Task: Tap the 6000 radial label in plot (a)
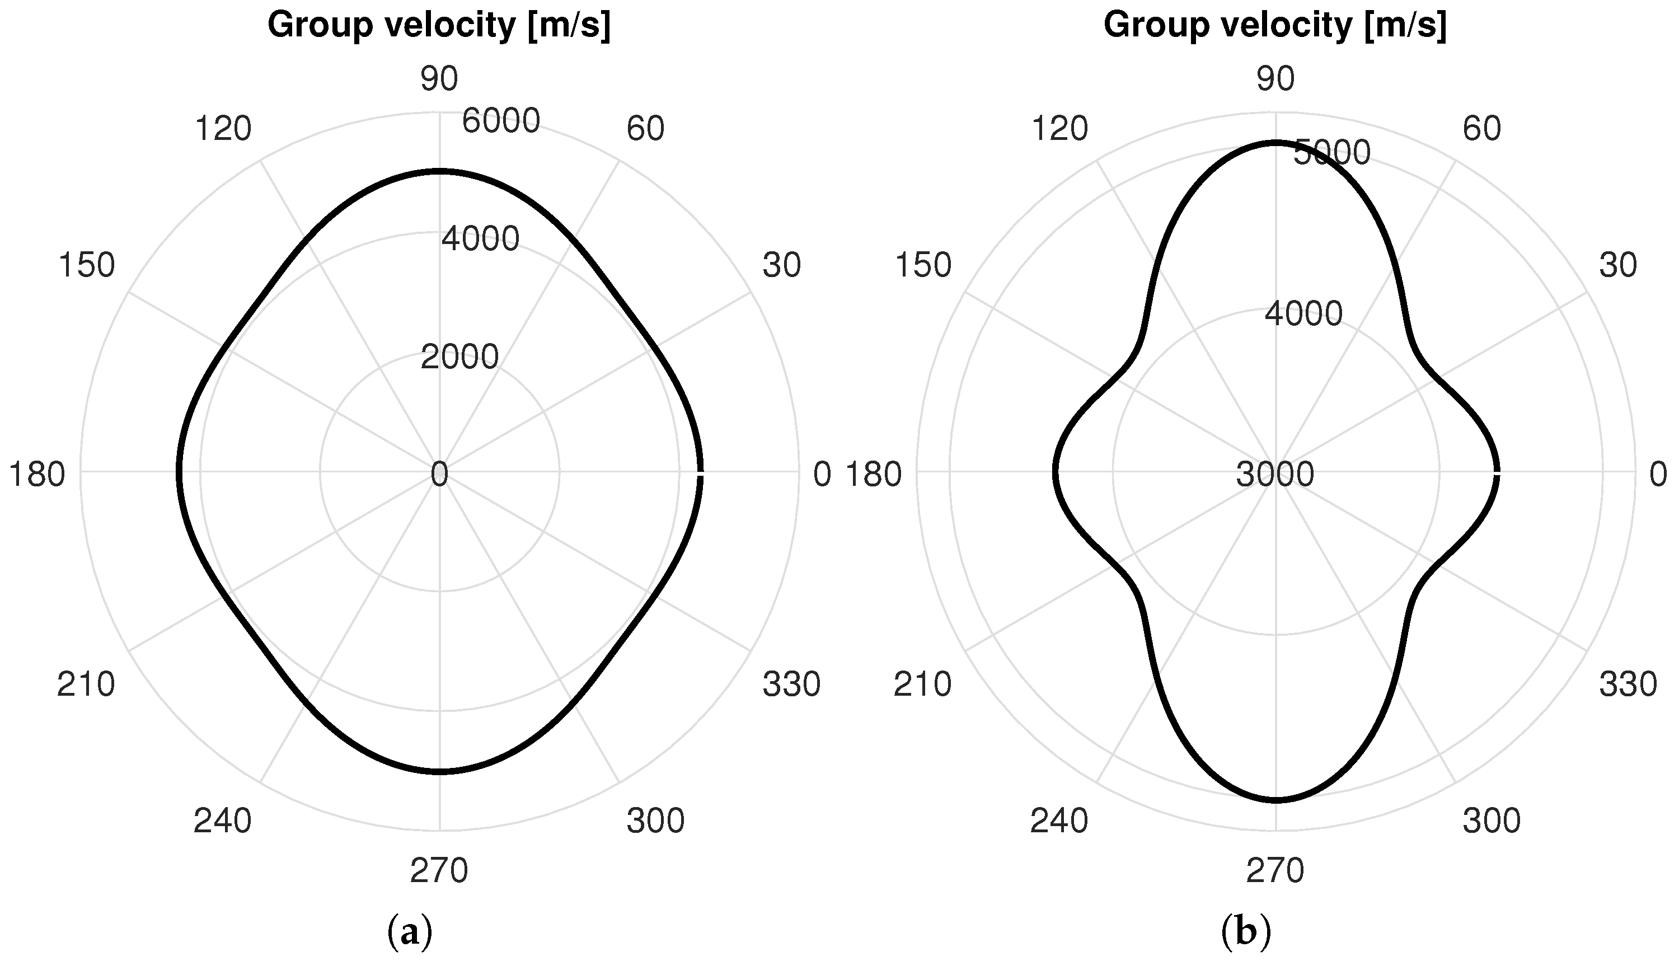[x=501, y=121]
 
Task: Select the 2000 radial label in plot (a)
[x=459, y=358]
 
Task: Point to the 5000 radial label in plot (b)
[x=1332, y=153]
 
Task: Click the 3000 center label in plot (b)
[x=1274, y=475]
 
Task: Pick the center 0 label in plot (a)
[x=439, y=475]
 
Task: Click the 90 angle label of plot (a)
[x=439, y=79]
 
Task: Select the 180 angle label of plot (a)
[x=36, y=475]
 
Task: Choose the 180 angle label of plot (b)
[x=873, y=475]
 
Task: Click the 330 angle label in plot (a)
[x=791, y=685]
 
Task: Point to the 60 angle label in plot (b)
[x=1481, y=129]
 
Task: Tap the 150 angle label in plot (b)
[x=923, y=265]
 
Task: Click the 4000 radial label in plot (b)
[x=1303, y=313]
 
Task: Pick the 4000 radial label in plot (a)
[x=480, y=239]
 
